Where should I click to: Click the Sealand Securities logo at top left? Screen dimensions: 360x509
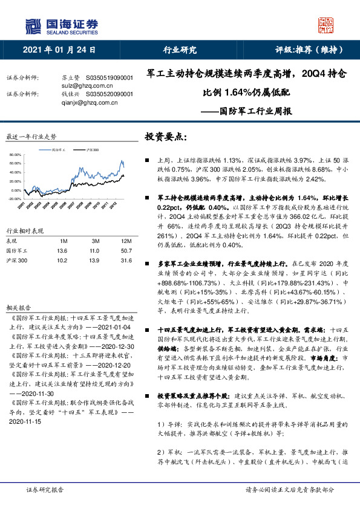(x=61, y=25)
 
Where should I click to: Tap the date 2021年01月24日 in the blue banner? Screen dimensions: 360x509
(x=59, y=50)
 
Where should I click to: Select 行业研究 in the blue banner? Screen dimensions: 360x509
(x=180, y=50)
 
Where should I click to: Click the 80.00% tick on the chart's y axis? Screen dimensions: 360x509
(x=15, y=155)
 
